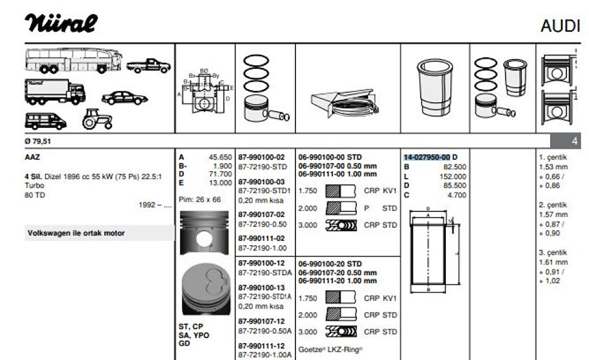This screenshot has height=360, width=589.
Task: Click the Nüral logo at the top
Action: pyautogui.click(x=61, y=23)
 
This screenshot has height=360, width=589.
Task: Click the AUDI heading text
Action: pyautogui.click(x=560, y=26)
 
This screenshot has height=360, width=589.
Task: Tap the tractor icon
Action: pyautogui.click(x=97, y=119)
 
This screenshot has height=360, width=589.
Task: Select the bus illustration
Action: pyautogui.click(x=73, y=60)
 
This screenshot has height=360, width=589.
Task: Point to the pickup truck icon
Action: pyautogui.click(x=148, y=65)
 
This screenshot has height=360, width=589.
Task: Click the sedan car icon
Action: pyautogui.click(x=124, y=97)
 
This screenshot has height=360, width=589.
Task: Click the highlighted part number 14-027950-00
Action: pyautogui.click(x=427, y=157)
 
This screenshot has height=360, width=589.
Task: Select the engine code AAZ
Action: pyautogui.click(x=32, y=157)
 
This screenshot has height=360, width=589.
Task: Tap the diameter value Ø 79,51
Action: pyautogui.click(x=38, y=141)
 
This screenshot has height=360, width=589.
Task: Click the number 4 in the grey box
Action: pyautogui.click(x=574, y=141)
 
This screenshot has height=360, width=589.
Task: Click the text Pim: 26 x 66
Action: pyautogui.click(x=200, y=199)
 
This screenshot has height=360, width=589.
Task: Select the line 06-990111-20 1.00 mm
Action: pyautogui.click(x=337, y=281)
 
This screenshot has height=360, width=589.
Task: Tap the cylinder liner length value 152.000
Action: pyautogui.click(x=453, y=176)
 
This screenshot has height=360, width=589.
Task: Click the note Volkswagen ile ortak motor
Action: pyautogui.click(x=76, y=233)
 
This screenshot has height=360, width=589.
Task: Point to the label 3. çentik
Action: pyautogui.click(x=553, y=253)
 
